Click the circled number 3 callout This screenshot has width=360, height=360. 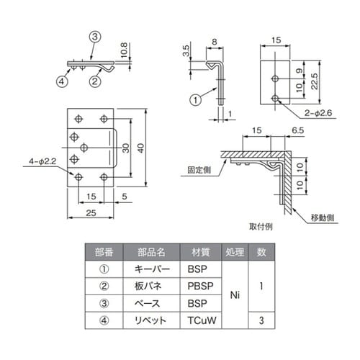point(94,37)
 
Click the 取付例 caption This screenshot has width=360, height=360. point(260,225)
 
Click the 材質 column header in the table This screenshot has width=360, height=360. point(201,252)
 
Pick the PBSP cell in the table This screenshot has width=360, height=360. point(201,285)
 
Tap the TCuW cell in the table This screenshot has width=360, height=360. point(201,319)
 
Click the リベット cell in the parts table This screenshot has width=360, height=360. point(151,319)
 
